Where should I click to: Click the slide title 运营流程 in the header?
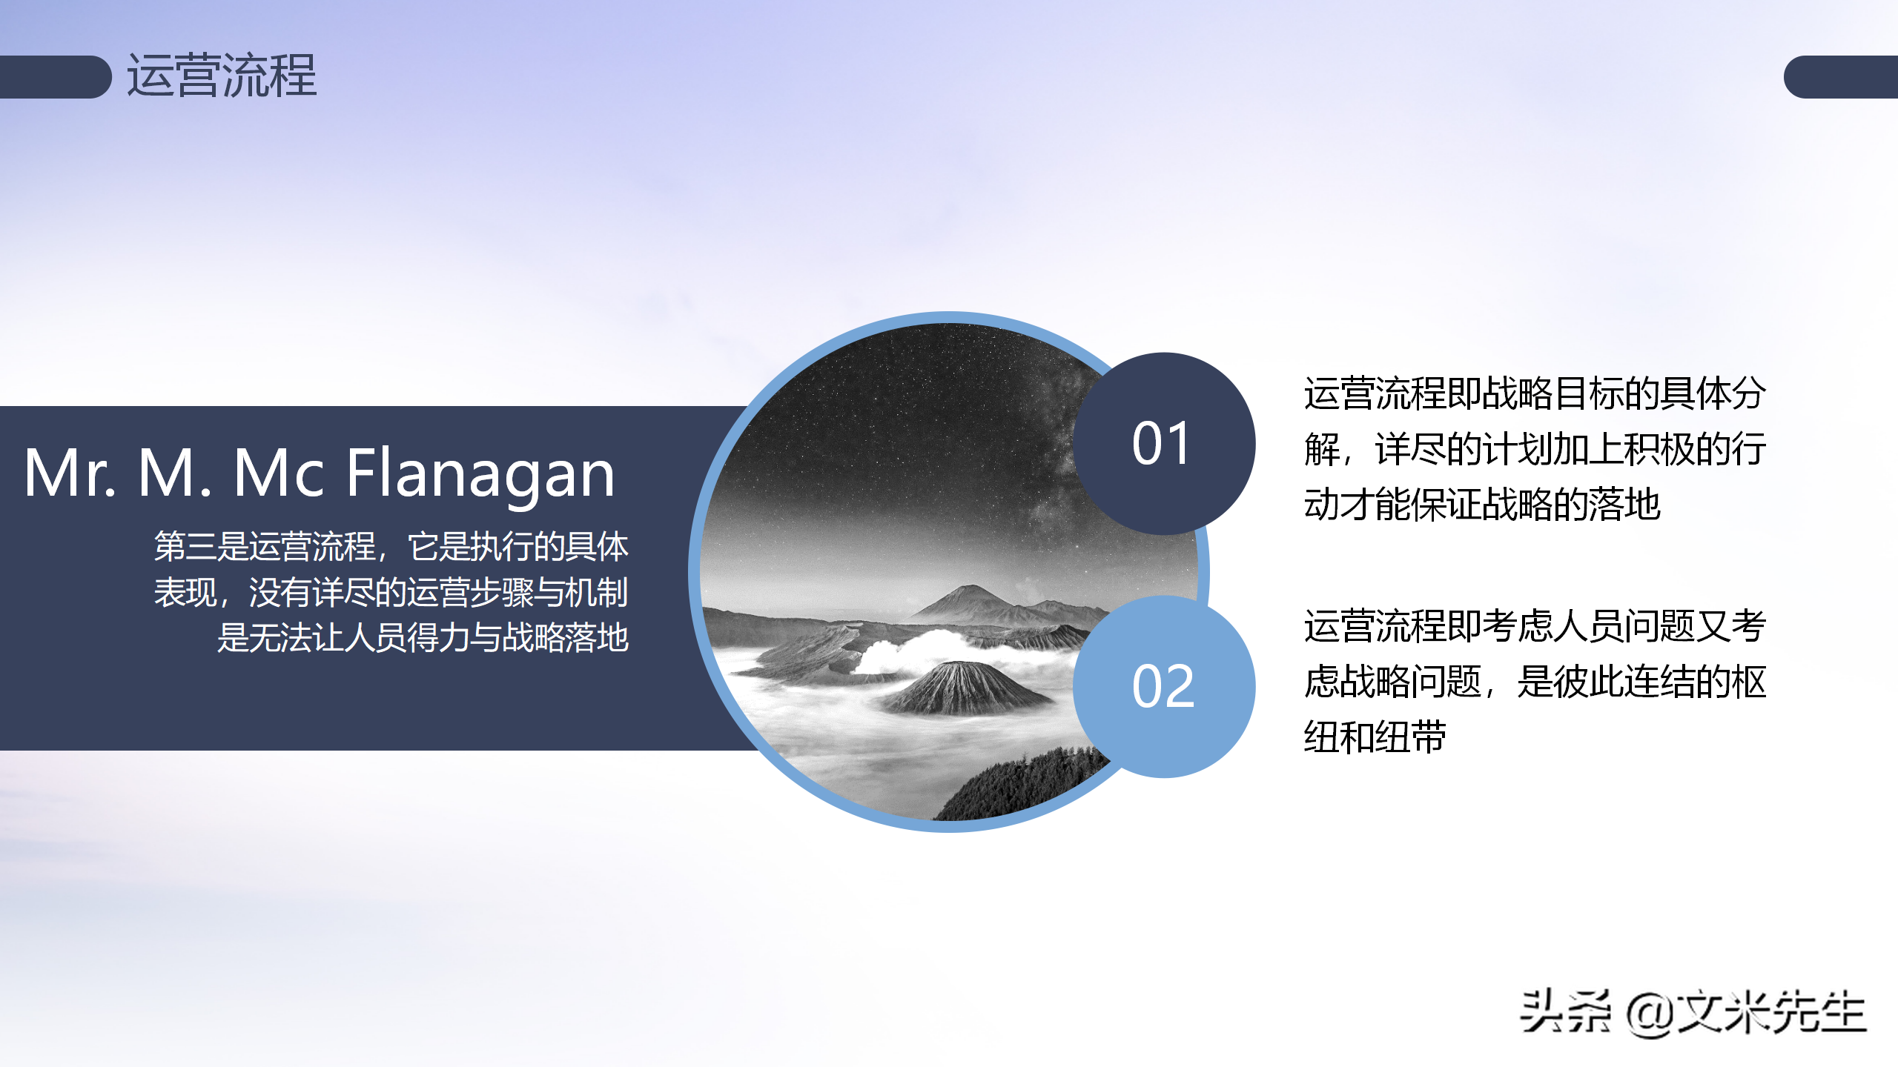[221, 76]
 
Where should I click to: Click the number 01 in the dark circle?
[1161, 443]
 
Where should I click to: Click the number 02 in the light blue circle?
[1163, 686]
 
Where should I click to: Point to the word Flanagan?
[480, 474]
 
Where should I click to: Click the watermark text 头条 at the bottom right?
[1564, 1012]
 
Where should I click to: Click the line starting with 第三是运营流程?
[391, 547]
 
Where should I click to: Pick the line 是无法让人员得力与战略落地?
[423, 637]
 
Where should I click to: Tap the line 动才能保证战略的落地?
[1481, 505]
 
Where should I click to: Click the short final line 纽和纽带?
[1375, 737]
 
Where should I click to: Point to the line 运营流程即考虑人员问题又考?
[1535, 626]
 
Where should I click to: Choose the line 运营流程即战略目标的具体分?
[1535, 393]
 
